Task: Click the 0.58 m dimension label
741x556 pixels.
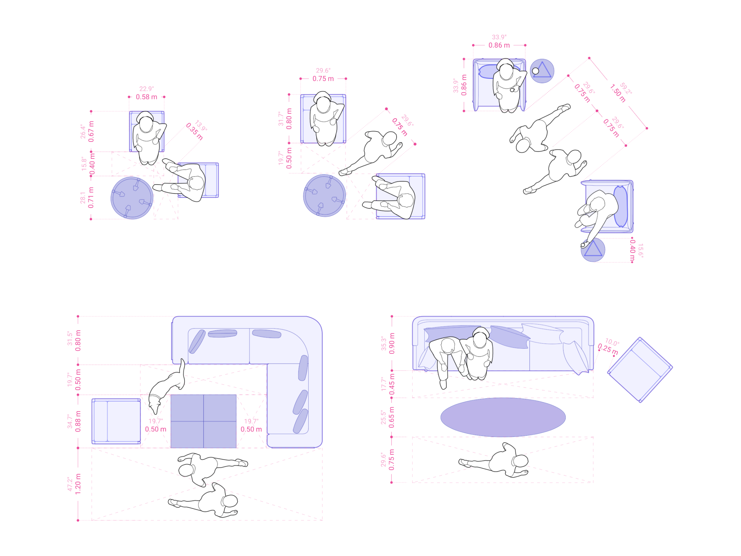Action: pyautogui.click(x=146, y=97)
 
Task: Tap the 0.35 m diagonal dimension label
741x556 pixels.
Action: pyautogui.click(x=194, y=131)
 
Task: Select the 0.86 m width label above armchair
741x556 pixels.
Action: pyautogui.click(x=499, y=45)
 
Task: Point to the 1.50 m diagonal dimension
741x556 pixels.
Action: pyautogui.click(x=617, y=93)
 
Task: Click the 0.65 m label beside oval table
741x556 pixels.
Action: pyautogui.click(x=391, y=417)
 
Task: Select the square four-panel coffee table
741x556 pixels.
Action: pyautogui.click(x=203, y=421)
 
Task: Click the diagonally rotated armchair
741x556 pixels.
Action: pyautogui.click(x=640, y=370)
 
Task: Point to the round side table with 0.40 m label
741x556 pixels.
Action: pyautogui.click(x=593, y=250)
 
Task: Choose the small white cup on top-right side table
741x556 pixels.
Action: pyautogui.click(x=535, y=71)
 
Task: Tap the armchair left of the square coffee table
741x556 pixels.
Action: pyautogui.click(x=116, y=421)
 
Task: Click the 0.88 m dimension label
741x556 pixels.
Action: pyautogui.click(x=78, y=421)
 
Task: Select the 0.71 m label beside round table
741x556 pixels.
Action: pyautogui.click(x=91, y=197)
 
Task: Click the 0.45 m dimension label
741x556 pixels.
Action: pyautogui.click(x=392, y=384)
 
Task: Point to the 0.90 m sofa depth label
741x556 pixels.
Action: pyautogui.click(x=392, y=344)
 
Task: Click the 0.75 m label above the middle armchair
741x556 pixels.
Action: pyautogui.click(x=323, y=79)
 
